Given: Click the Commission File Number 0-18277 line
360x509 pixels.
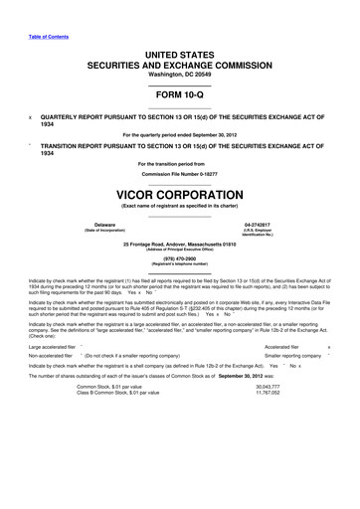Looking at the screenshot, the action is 179,173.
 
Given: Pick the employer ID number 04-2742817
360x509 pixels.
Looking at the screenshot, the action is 258,227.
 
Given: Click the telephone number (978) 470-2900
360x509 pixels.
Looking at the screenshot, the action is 179,260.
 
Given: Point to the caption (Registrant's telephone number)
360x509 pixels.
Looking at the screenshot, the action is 179,266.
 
